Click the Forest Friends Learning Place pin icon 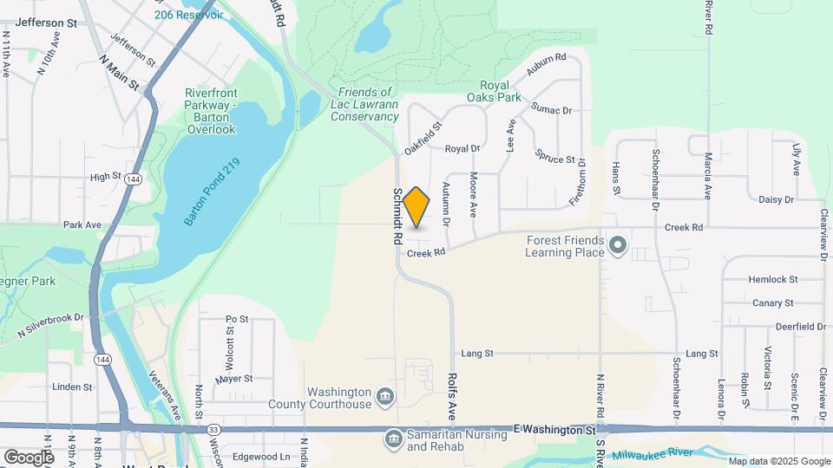pyautogui.click(x=617, y=246)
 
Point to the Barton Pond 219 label pyautogui.click(x=211, y=193)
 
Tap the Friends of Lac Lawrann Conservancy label pyautogui.click(x=367, y=104)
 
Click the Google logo pyautogui.click(x=29, y=457)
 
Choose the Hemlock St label pyautogui.click(x=772, y=279)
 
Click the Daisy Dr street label pyautogui.click(x=776, y=199)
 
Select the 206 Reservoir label pyautogui.click(x=187, y=16)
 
